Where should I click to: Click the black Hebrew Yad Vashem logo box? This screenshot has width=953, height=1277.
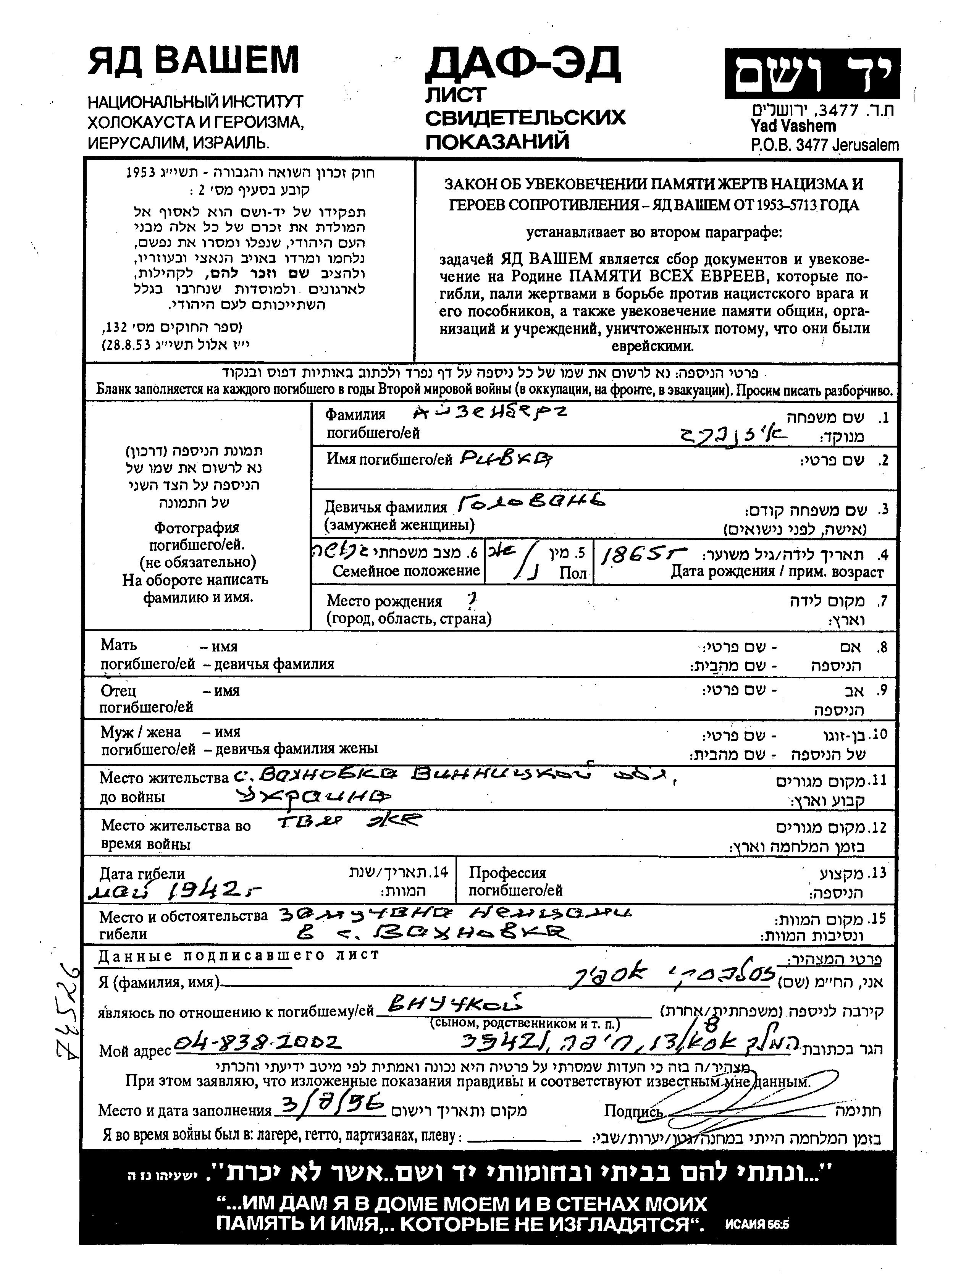[812, 74]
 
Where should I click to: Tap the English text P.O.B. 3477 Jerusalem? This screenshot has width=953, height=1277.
[824, 145]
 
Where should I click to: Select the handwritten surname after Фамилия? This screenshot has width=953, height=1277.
[490, 412]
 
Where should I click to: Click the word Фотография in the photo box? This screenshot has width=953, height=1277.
[196, 527]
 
